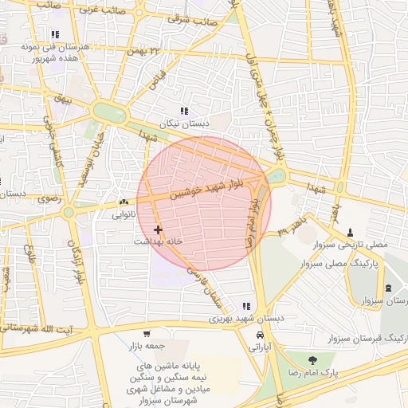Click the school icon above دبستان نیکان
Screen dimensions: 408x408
point(184,112)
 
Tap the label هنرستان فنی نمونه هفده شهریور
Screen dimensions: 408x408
point(55,53)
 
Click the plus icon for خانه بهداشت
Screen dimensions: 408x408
point(159,229)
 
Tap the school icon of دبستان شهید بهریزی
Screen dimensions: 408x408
point(246,306)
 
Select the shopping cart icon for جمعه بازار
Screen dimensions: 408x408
point(146,334)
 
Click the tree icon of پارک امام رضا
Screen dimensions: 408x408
point(312,360)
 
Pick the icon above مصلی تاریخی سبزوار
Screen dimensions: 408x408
point(350,233)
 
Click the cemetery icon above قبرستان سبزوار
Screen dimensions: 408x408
point(388,288)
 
